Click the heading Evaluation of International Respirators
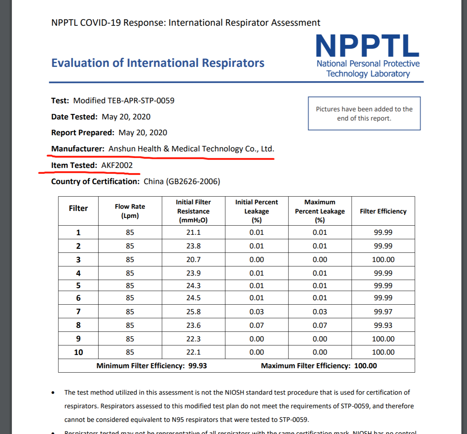click(158, 63)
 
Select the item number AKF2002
click(117, 165)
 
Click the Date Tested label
click(74, 117)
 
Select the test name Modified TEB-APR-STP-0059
click(124, 101)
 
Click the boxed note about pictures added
click(364, 114)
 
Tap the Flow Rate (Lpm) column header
click(130, 211)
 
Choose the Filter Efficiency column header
click(383, 211)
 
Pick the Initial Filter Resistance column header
click(193, 211)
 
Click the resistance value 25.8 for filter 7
click(193, 312)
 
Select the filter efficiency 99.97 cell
click(383, 312)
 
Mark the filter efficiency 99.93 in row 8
click(383, 325)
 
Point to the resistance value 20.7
click(193, 259)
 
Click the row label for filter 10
click(78, 352)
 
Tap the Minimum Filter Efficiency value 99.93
click(198, 366)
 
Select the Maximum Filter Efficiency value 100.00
click(366, 366)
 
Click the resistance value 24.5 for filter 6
click(193, 298)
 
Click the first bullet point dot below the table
click(53, 393)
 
